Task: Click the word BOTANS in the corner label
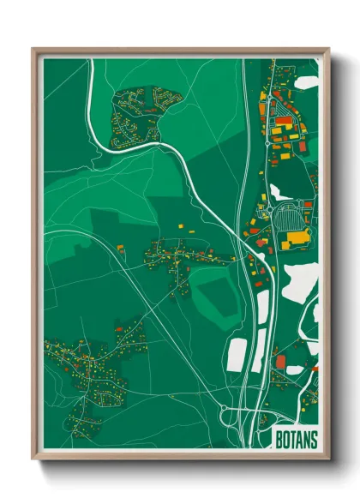(296, 439)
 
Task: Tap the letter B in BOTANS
(279, 439)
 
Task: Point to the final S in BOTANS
(313, 439)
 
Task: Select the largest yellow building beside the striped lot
(297, 237)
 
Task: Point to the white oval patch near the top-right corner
(307, 82)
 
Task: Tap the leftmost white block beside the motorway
(237, 351)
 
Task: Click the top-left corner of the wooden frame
(34, 50)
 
